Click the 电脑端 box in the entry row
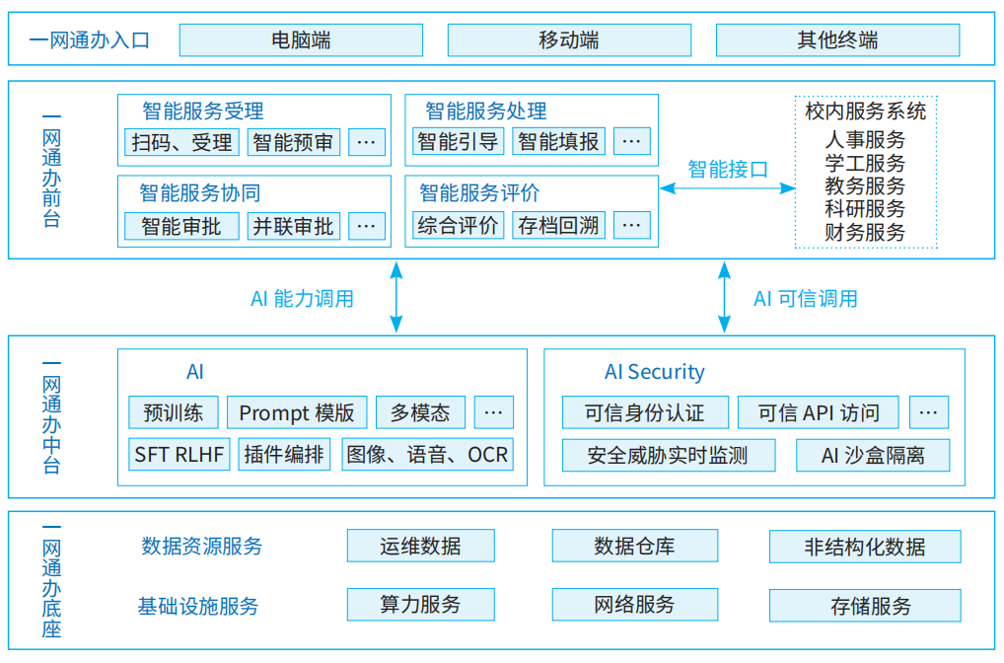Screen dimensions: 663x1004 point(301,40)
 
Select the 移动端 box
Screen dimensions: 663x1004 point(568,40)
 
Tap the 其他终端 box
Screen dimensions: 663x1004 point(836,40)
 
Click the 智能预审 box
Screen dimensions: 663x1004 point(293,142)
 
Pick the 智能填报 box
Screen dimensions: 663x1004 point(558,141)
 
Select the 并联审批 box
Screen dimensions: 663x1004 point(293,226)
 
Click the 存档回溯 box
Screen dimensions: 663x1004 point(558,225)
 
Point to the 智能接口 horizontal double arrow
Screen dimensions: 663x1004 point(727,187)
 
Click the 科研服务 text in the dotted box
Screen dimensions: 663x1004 point(865,209)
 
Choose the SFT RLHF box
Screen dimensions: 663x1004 point(179,455)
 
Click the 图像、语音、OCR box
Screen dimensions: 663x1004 point(427,455)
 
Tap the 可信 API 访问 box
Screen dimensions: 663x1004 point(818,412)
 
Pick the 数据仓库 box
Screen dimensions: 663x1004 point(634,546)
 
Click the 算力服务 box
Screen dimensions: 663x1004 point(420,604)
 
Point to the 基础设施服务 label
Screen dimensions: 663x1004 point(198,605)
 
